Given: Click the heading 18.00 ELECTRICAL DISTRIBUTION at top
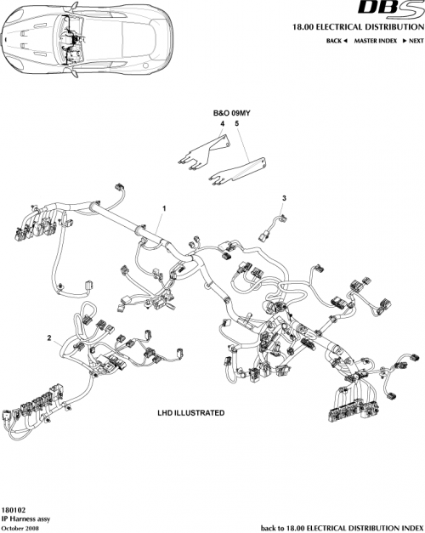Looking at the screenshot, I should click(361, 26).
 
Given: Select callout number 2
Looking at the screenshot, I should click(50, 337).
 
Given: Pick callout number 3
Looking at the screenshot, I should click(284, 197).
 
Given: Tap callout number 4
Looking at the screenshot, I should click(223, 124).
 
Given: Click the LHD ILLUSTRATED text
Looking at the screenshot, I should click(191, 412).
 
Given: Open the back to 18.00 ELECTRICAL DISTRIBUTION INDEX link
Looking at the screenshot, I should click(341, 528).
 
